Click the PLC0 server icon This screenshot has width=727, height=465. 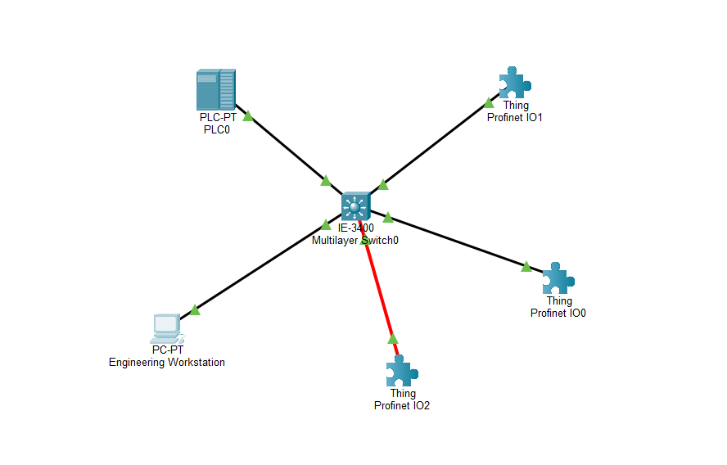coord(215,90)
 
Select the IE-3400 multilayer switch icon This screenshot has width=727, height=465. coord(355,205)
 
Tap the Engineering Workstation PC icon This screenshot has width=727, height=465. coord(167,328)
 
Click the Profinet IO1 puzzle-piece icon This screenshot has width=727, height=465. coord(515,83)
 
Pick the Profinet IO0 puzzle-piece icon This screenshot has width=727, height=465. coord(558,278)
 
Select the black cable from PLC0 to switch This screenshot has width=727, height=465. coord(287,148)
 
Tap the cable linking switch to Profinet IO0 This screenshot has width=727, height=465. coord(458,242)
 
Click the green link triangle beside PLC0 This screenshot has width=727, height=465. coord(247,116)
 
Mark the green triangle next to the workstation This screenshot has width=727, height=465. coord(195,309)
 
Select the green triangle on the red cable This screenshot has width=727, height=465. coord(392,338)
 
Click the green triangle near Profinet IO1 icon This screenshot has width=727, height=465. coord(489,103)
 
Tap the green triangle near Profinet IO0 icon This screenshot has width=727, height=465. coord(526,266)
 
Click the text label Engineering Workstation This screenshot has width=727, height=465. coord(167,362)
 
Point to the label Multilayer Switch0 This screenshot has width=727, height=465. coord(355,240)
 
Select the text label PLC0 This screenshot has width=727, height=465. coord(216,129)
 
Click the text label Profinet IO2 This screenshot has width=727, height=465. coord(402,404)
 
